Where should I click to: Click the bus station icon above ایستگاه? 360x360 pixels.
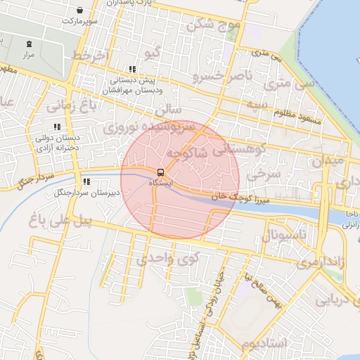(x=160, y=172)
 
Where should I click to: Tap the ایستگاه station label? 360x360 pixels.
(x=160, y=183)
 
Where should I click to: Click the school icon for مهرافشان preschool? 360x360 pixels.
(x=131, y=70)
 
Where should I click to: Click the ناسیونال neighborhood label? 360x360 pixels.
(x=284, y=235)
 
